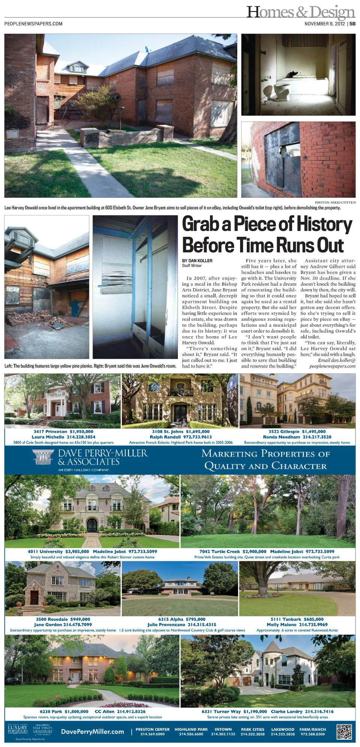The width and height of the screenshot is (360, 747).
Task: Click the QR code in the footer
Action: click(344, 732)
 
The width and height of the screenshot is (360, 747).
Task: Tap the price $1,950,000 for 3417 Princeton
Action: click(81, 431)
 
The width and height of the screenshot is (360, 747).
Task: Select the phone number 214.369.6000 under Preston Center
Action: click(152, 734)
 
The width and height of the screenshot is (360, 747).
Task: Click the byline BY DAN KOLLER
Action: click(197, 260)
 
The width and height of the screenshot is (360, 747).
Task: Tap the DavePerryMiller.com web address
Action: click(92, 732)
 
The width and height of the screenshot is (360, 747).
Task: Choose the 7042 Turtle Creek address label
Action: click(220, 552)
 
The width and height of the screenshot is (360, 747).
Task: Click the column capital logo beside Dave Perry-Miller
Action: click(43, 457)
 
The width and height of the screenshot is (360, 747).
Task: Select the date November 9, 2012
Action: click(324, 24)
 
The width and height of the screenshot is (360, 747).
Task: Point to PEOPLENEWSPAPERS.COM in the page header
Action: click(33, 24)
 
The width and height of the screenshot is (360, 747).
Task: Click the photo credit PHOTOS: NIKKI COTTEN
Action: click(335, 203)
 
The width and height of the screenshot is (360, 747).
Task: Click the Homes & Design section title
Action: click(300, 12)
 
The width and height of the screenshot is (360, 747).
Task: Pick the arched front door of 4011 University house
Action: click(91, 524)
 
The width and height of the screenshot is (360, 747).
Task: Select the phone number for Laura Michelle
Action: click(81, 437)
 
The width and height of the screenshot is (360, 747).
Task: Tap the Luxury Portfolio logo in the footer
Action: click(18, 730)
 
